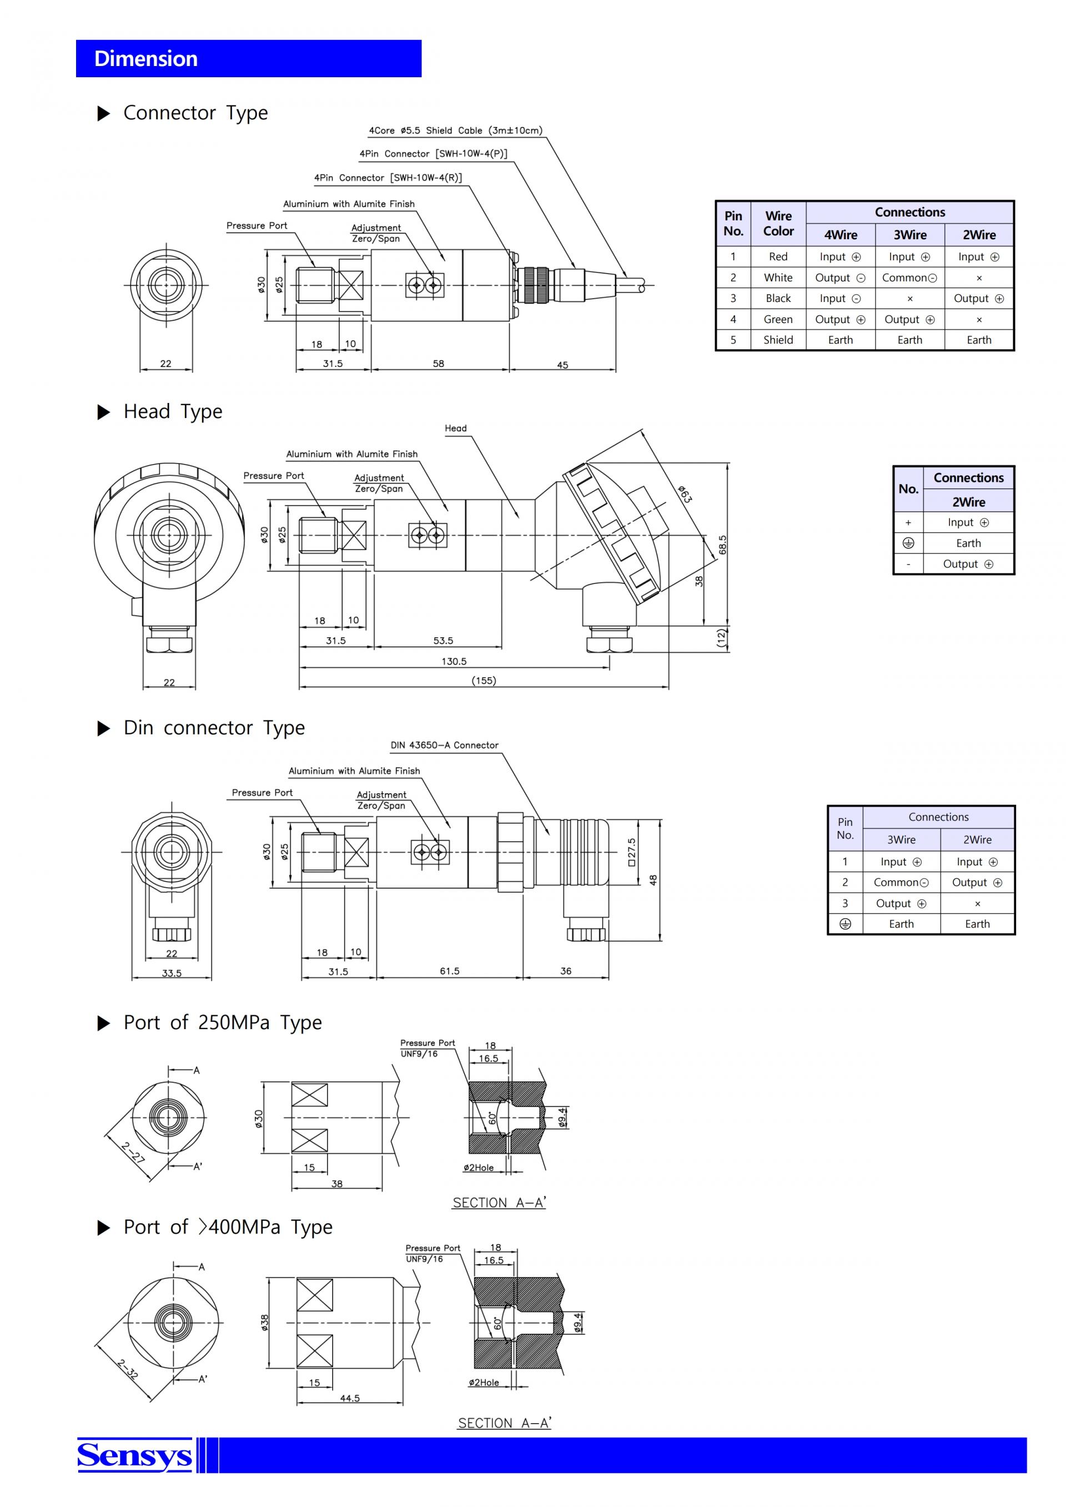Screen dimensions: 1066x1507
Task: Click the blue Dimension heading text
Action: click(x=145, y=58)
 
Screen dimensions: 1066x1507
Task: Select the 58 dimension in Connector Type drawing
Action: click(x=439, y=363)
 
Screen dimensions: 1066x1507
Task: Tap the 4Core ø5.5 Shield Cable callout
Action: click(x=455, y=130)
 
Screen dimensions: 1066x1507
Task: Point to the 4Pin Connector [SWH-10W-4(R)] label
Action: click(x=388, y=178)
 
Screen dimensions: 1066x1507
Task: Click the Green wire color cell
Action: click(x=778, y=320)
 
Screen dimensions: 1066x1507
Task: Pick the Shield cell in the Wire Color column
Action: click(x=778, y=340)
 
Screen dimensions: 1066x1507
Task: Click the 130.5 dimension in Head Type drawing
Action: click(x=454, y=661)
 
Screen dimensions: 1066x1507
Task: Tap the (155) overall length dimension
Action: click(x=484, y=681)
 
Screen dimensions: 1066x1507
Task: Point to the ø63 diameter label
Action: click(x=685, y=494)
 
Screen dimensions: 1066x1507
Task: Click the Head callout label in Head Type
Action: click(x=455, y=429)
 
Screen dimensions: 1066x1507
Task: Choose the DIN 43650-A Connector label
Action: click(x=444, y=745)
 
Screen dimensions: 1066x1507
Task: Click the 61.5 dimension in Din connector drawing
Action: click(x=450, y=971)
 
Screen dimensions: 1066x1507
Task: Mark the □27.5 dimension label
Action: click(x=631, y=852)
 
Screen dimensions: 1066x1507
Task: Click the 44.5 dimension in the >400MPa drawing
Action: click(x=350, y=1398)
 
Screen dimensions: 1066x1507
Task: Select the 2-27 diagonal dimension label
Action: click(x=133, y=1152)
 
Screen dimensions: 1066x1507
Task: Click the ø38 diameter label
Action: click(x=264, y=1323)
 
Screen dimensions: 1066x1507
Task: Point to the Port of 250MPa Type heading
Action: click(x=223, y=1022)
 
